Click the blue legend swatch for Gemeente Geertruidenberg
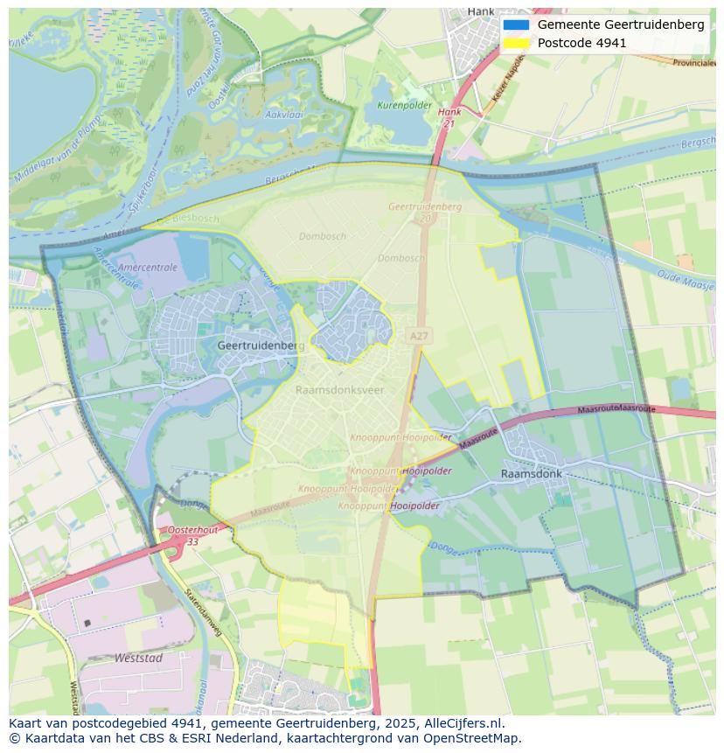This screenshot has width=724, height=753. pos(516,24)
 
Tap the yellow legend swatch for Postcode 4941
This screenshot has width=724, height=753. pos(516,43)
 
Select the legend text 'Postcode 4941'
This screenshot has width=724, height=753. pos(581,43)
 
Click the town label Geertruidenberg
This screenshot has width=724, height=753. pos(261,345)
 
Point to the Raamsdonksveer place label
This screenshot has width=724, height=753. pos(339,390)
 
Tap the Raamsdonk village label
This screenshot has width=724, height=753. pos(531,473)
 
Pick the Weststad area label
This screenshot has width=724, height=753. pos(138,658)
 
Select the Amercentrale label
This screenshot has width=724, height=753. pos(147,268)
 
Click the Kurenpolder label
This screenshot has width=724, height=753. pos(404,105)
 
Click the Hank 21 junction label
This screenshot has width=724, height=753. pos(449,118)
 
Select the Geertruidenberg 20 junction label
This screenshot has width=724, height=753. pos(425,211)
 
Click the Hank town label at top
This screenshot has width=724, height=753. pos(481,11)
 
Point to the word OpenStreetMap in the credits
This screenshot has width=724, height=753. pos(471,738)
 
